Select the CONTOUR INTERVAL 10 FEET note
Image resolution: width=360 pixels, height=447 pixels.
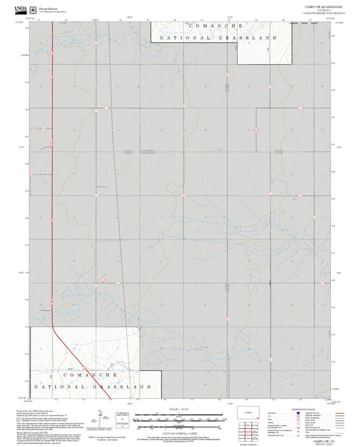pos(180,430)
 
